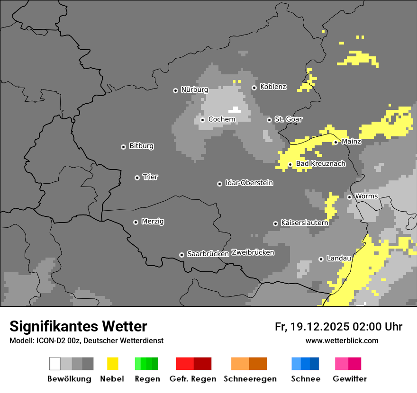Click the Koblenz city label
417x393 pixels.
[x=273, y=87]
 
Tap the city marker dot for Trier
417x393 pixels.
[x=137, y=178]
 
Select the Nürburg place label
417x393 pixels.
[x=194, y=89]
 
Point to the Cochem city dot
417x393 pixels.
[x=202, y=120]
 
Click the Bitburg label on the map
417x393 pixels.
[x=141, y=146]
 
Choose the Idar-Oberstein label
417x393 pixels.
[x=249, y=183]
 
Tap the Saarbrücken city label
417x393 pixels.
[x=208, y=254]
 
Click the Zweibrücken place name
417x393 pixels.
[x=253, y=252]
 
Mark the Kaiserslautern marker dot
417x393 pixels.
[x=275, y=223]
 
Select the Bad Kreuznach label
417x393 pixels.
[x=320, y=164]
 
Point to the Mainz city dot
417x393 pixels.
[x=335, y=142]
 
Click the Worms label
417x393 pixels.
[x=366, y=196]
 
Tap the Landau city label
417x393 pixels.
[x=339, y=259]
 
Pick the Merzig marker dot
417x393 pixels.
[x=136, y=222]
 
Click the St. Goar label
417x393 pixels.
[x=288, y=119]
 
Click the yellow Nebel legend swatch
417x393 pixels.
[x=112, y=364]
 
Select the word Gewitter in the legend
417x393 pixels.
[x=349, y=379]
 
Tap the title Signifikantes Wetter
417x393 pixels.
[x=78, y=326]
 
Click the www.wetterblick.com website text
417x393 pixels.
[x=342, y=340]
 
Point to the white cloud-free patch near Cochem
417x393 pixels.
[x=235, y=110]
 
